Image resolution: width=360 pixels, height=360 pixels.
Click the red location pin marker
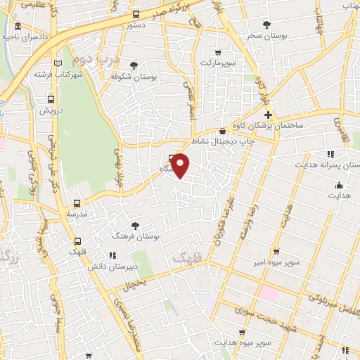181,166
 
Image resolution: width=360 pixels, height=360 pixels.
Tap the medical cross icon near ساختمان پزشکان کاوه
268,114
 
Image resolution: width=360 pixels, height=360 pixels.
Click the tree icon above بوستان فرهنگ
135,226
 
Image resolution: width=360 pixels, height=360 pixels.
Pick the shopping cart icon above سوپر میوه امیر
277,250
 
